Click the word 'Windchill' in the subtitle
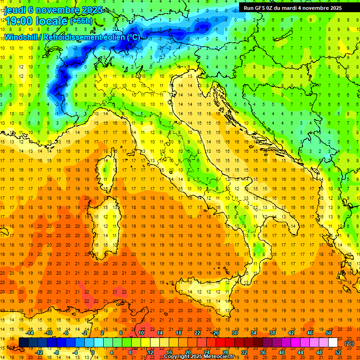22,37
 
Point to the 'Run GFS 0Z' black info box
292,7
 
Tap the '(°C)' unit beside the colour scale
349,343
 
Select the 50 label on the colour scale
329,333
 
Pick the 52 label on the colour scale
338,352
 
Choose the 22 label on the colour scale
197,333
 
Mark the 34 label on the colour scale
254,333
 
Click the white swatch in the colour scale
333,343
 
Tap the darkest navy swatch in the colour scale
23,343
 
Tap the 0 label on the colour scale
93,352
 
